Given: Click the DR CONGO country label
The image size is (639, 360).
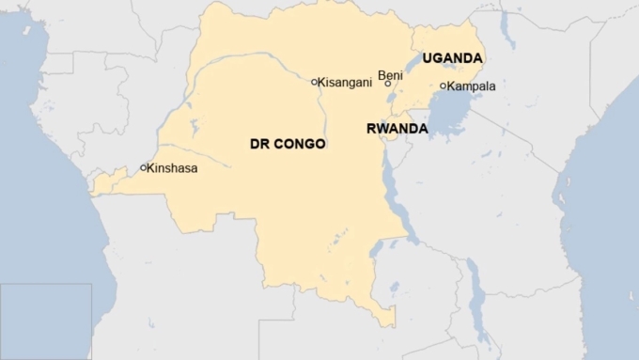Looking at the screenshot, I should [x=288, y=145].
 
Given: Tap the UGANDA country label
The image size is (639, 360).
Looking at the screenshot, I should [x=452, y=58].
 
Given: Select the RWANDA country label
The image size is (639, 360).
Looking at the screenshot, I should [x=397, y=129].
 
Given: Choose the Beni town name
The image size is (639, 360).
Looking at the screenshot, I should [x=389, y=74].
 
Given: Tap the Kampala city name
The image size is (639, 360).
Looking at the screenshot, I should [x=472, y=86].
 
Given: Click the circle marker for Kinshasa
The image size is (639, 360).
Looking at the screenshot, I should [x=144, y=168].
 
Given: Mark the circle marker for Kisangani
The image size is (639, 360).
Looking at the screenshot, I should [x=315, y=82].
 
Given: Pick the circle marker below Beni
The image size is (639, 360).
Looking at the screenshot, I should [x=388, y=85].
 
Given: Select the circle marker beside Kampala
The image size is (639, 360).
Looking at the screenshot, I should [x=444, y=86].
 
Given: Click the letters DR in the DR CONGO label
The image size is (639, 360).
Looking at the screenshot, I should [x=258, y=145].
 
